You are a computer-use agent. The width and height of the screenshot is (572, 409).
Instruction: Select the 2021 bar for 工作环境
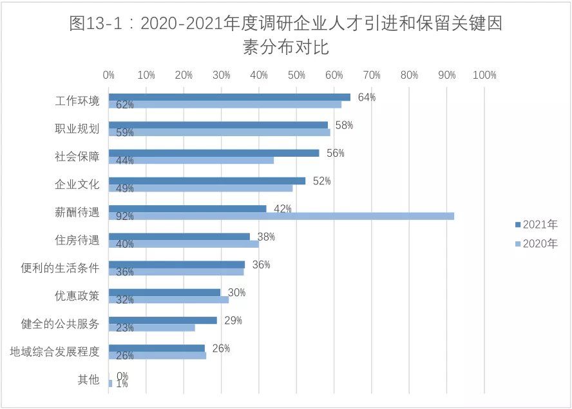click(x=229, y=97)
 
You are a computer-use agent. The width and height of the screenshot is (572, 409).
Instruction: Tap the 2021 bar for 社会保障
click(x=214, y=153)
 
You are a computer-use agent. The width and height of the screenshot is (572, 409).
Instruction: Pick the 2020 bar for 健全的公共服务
click(x=152, y=328)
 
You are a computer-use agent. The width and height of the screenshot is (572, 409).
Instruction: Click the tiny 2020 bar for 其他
click(x=110, y=383)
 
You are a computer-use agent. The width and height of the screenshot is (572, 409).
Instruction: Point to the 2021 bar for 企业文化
click(x=207, y=181)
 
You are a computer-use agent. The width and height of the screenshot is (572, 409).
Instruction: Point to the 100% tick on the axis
click(x=484, y=75)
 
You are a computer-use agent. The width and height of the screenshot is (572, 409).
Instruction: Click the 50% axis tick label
click(x=296, y=75)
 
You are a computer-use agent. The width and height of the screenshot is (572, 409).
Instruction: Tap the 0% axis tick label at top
click(x=109, y=75)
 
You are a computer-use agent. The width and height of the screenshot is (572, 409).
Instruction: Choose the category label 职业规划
click(x=77, y=129)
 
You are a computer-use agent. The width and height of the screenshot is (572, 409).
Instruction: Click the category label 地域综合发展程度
click(x=55, y=352)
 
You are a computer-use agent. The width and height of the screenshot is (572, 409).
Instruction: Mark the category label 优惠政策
click(x=77, y=296)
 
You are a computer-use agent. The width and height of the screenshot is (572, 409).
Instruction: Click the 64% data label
click(x=367, y=97)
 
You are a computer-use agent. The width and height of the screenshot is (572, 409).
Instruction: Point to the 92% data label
click(x=125, y=216)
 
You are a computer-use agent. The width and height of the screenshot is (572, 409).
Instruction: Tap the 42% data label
click(x=283, y=208)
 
